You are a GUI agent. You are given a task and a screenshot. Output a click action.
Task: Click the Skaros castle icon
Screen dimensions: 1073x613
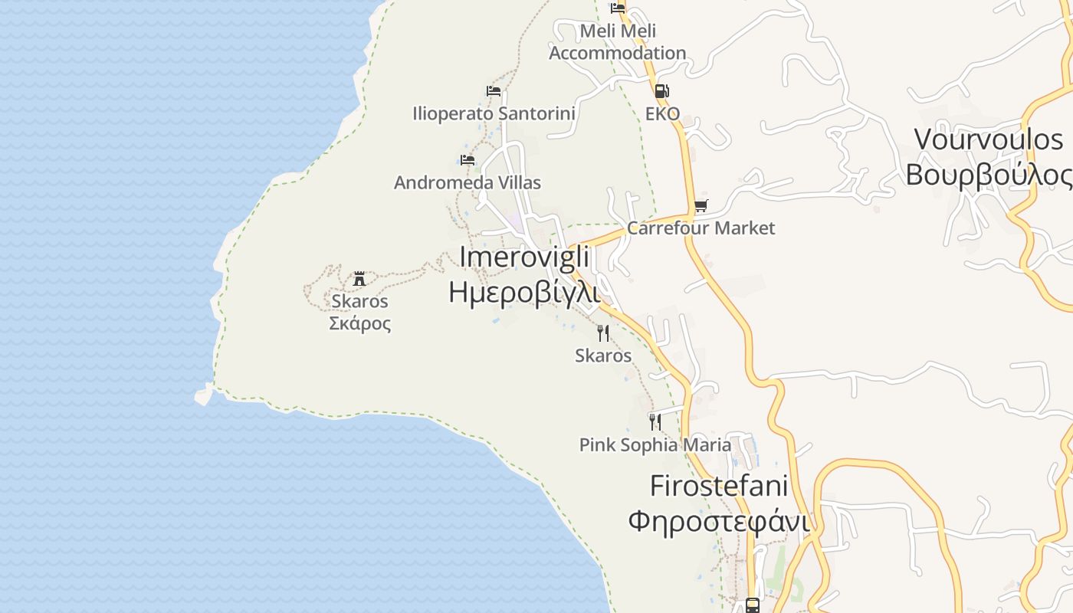tap(359, 279)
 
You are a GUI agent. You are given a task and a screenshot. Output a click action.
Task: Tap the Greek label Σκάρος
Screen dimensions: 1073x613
tap(359, 323)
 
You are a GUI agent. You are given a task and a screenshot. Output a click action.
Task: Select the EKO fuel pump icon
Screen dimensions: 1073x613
tap(661, 91)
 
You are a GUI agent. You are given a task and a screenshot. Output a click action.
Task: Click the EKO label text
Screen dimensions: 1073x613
tap(662, 114)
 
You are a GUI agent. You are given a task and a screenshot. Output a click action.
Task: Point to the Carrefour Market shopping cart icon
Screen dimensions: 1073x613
tap(701, 206)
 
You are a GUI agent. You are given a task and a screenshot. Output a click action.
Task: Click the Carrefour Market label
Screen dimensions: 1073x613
tap(701, 228)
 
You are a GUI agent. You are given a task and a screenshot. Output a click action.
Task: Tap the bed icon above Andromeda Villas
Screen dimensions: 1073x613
tap(468, 160)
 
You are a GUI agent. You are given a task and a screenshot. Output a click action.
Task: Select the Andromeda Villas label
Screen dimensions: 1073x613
tap(467, 183)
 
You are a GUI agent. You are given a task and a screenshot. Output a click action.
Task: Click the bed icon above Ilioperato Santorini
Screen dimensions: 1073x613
tap(494, 91)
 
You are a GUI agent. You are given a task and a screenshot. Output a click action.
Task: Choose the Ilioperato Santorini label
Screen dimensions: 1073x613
tap(494, 114)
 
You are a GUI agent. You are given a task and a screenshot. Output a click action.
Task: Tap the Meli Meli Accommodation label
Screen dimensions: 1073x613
tap(618, 42)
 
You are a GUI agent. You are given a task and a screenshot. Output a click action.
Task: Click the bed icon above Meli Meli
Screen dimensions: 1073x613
tap(618, 8)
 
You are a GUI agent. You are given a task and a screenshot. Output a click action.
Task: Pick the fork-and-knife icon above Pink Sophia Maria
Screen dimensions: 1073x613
tap(655, 422)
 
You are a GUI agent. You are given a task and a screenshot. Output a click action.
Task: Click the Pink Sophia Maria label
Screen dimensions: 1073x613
tap(655, 445)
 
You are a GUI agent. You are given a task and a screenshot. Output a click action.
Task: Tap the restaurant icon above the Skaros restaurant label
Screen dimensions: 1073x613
tap(603, 333)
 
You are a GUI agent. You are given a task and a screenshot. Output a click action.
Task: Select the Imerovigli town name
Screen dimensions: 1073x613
tap(524, 257)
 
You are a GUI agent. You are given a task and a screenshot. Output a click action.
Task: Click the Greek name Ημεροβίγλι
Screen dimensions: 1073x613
tap(523, 292)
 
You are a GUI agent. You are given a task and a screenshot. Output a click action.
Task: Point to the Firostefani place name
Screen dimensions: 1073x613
tap(719, 486)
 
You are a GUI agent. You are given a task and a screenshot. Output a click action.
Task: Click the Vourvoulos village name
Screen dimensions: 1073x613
tap(989, 139)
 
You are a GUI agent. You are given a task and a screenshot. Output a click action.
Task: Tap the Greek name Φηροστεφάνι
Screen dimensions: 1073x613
tap(719, 521)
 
